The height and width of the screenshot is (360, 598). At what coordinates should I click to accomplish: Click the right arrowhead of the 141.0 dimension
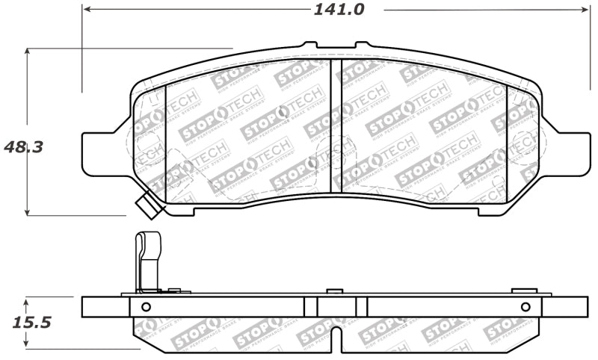point(585,10)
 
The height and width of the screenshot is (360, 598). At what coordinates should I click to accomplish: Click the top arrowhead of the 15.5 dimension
point(28,301)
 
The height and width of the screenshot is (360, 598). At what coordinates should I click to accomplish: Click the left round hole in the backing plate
point(146,306)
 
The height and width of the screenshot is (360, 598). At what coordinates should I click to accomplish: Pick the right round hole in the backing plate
point(525,306)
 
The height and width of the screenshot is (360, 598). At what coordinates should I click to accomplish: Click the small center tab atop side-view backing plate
point(336,290)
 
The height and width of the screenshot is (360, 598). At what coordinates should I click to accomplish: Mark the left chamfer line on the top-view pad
point(164,142)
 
